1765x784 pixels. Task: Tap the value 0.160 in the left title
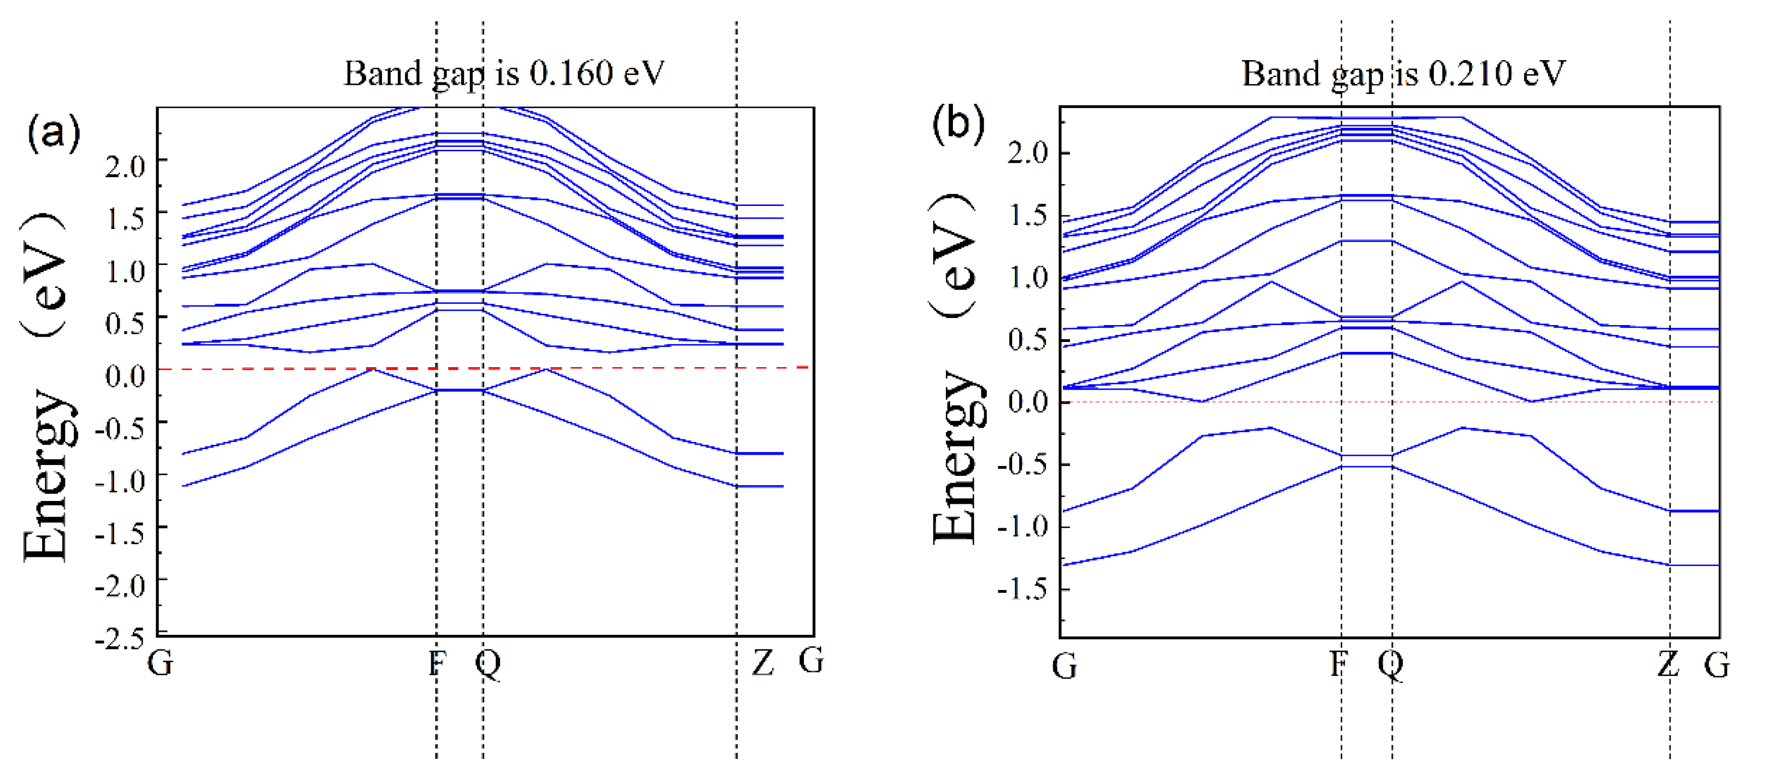pyautogui.click(x=570, y=73)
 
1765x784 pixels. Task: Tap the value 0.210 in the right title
pyautogui.click(x=1470, y=73)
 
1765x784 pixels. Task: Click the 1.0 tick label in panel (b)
pyautogui.click(x=1028, y=278)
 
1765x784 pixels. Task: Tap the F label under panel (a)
pyautogui.click(x=437, y=663)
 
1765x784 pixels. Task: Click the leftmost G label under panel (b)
pyautogui.click(x=1064, y=665)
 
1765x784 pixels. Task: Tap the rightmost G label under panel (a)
pyautogui.click(x=811, y=661)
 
